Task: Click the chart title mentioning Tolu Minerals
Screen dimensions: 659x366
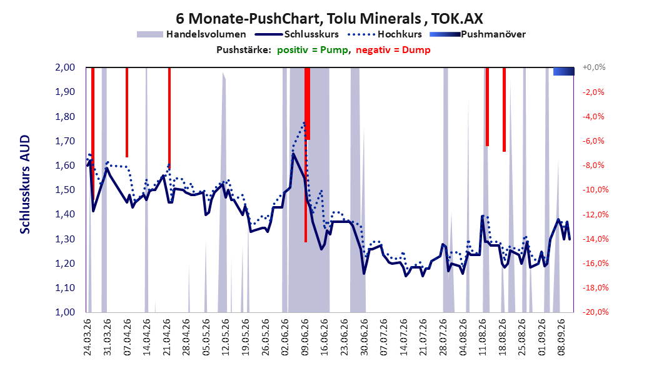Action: pyautogui.click(x=329, y=18)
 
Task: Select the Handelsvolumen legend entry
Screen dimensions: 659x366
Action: pyautogui.click(x=192, y=34)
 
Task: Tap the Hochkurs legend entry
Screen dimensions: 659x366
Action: pyautogui.click(x=385, y=34)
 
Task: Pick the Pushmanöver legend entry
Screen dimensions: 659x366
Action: pyautogui.click(x=478, y=34)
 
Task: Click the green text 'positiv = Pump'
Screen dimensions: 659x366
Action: pyautogui.click(x=313, y=50)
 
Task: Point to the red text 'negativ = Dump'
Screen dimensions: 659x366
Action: pyautogui.click(x=393, y=50)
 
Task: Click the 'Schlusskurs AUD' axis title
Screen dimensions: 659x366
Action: pyautogui.click(x=25, y=184)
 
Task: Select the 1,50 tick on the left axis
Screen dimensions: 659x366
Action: pyautogui.click(x=65, y=190)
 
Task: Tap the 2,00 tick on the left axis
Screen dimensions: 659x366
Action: pyautogui.click(x=65, y=67)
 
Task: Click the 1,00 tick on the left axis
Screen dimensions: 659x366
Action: pyautogui.click(x=65, y=312)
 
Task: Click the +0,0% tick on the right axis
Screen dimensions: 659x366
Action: pyautogui.click(x=594, y=67)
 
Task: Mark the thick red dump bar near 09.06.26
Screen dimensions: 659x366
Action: pyautogui.click(x=307, y=103)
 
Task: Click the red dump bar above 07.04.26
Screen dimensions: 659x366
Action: pyautogui.click(x=127, y=112)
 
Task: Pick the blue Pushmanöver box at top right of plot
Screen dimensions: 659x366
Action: pyautogui.click(x=563, y=71)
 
